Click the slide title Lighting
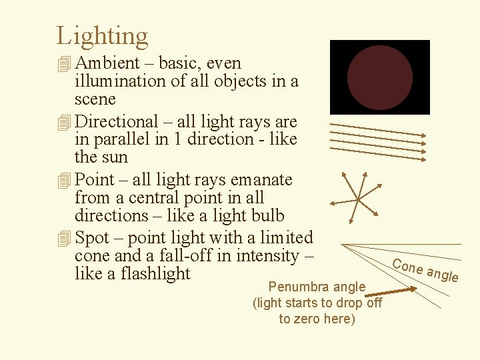tap(102, 36)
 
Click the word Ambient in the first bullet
tap(107, 63)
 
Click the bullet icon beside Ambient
tap(63, 64)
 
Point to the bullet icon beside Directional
tap(63, 123)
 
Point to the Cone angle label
tap(425, 269)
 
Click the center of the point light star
tap(358, 199)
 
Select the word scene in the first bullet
tap(95, 99)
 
